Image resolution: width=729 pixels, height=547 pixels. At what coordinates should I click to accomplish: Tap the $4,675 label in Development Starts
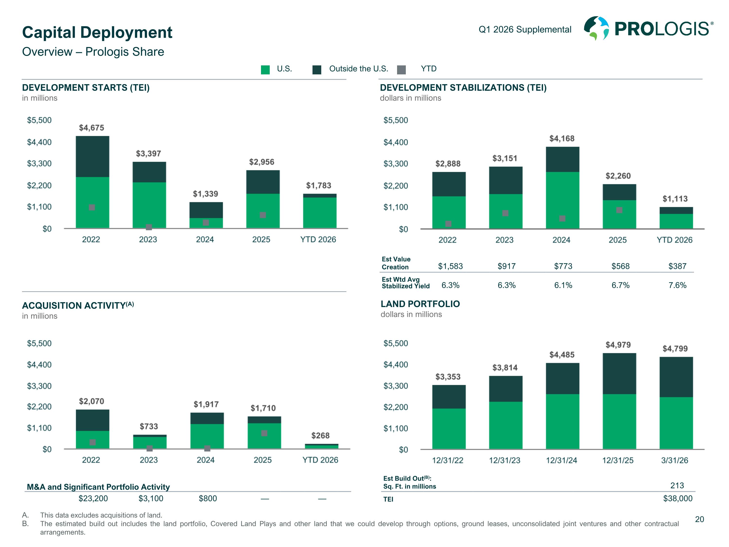click(91, 128)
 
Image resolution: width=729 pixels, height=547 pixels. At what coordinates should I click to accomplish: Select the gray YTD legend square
click(401, 70)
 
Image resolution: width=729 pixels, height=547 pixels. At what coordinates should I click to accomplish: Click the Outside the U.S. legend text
click(359, 69)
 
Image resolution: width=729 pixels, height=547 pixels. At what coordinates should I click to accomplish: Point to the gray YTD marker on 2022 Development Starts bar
click(92, 207)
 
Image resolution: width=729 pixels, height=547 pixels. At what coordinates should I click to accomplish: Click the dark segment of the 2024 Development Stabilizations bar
click(562, 159)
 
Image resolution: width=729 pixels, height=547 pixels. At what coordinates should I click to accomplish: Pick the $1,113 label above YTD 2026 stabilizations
click(675, 199)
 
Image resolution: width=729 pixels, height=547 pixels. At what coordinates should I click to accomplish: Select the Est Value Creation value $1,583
click(450, 266)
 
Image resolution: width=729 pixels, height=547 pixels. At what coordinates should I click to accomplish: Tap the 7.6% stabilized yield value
click(677, 285)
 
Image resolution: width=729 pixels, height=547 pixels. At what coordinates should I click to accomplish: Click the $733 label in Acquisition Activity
click(149, 426)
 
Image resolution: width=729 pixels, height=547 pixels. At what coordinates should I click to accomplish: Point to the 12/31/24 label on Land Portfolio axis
click(561, 460)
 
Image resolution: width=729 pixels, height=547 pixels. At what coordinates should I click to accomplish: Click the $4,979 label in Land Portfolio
click(618, 345)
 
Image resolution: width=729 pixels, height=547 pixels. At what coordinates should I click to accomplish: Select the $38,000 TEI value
click(677, 498)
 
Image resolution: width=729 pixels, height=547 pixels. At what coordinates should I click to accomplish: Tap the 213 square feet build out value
click(677, 485)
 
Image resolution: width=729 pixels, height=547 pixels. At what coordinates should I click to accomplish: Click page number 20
click(699, 519)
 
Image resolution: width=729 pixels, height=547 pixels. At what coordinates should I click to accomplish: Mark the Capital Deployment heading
click(97, 32)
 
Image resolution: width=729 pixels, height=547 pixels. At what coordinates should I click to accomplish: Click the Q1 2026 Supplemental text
click(525, 30)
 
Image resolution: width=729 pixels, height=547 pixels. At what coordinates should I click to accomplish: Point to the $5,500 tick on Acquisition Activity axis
click(39, 343)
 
